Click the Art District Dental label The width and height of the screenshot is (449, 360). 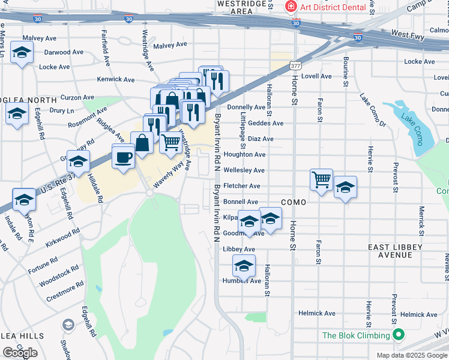tap(333, 7)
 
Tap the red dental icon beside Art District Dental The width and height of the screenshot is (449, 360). tap(291, 7)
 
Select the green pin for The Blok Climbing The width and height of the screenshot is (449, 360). tap(397, 335)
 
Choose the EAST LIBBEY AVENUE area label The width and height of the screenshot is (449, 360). tap(395, 251)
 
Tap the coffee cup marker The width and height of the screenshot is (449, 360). tap(124, 157)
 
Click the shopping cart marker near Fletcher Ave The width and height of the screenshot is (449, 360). tap(322, 179)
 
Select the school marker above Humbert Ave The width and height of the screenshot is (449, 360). tap(244, 265)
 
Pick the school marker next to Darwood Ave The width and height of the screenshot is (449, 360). tap(22, 53)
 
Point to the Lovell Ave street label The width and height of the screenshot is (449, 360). tap(316, 76)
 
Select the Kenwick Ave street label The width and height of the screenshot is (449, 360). tap(116, 79)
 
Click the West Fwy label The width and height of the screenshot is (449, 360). tap(408, 35)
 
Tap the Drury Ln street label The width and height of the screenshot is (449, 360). tap(61, 110)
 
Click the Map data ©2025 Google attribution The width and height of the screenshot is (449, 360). tap(412, 355)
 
